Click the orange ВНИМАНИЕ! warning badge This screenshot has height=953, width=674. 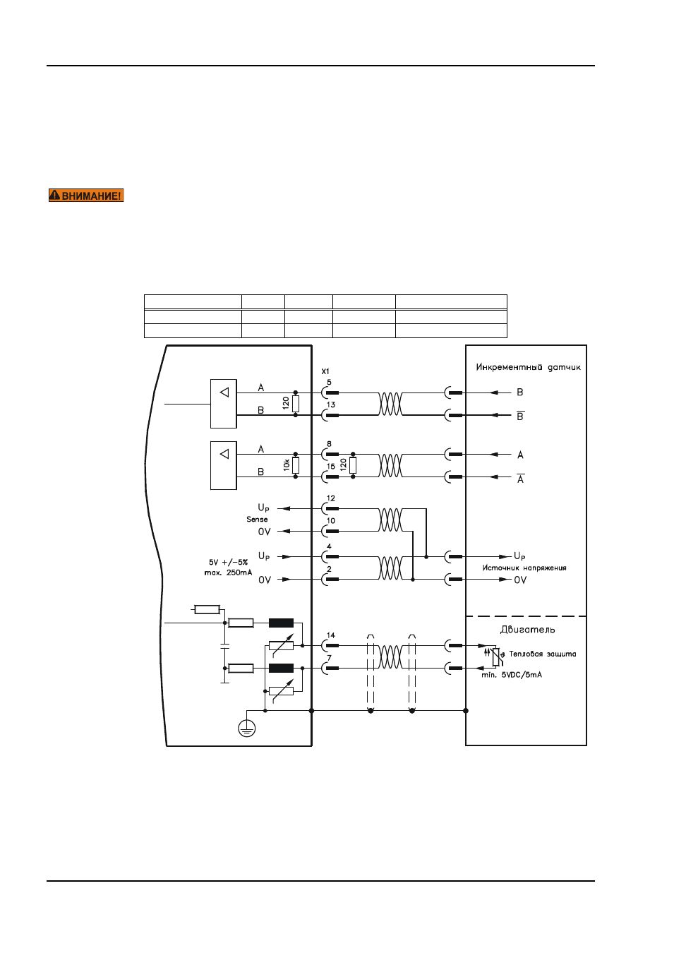[86, 196]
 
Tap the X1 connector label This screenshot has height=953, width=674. [325, 371]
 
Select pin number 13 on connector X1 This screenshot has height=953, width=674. [331, 404]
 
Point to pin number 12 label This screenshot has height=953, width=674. [331, 498]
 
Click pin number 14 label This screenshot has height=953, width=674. [331, 635]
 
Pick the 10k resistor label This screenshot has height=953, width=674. [286, 465]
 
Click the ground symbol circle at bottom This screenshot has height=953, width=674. [247, 728]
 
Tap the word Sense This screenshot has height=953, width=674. [257, 520]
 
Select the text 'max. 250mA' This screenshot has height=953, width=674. [229, 573]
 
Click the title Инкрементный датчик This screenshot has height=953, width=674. [528, 367]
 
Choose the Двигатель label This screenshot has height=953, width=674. [527, 630]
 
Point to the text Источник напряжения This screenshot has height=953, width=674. [524, 568]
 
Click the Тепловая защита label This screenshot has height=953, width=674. [543, 654]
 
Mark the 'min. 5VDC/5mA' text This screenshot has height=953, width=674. [512, 675]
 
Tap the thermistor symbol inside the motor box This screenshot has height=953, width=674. [496, 656]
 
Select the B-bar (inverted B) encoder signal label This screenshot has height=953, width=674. [520, 416]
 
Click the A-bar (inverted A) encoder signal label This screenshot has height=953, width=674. [520, 478]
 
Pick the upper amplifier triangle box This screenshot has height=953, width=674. [224, 404]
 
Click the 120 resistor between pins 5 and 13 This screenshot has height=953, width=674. [296, 404]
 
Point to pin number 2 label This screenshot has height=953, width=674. [329, 569]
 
